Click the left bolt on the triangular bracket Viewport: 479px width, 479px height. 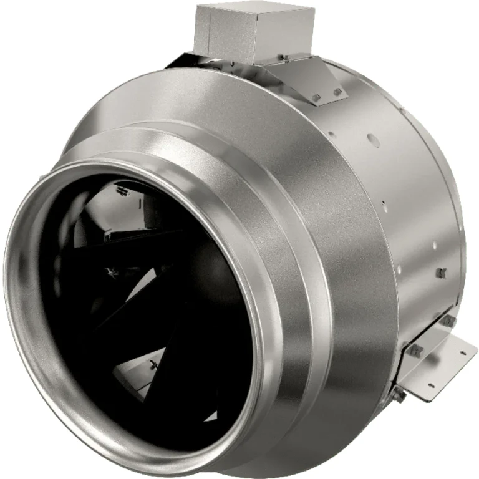pos(316,97)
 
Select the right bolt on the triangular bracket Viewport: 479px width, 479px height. pos(338,92)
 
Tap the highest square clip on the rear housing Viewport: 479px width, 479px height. pos(442,273)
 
